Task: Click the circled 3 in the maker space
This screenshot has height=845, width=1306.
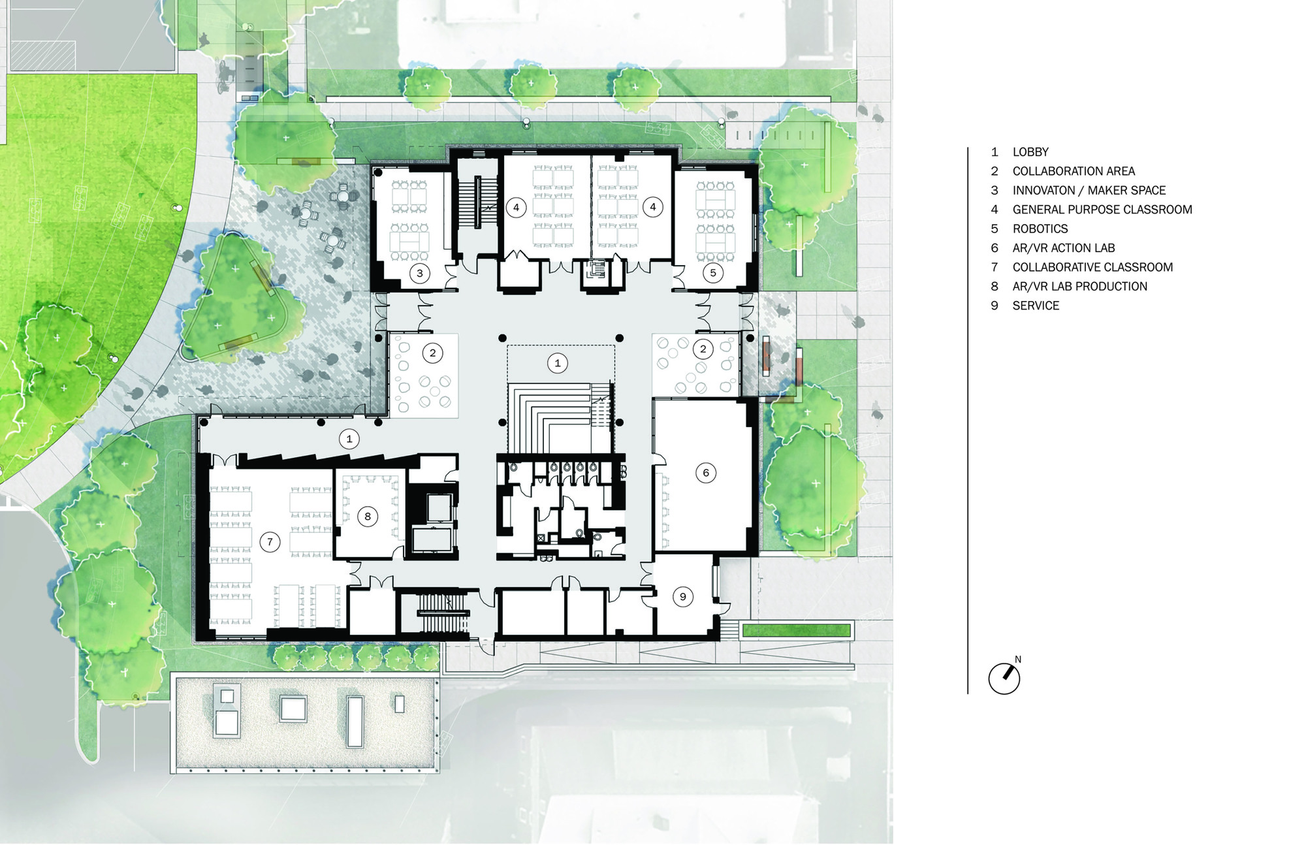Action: click(420, 273)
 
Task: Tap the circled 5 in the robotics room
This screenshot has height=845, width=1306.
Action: click(713, 273)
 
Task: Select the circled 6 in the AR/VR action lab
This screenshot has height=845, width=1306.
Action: click(706, 473)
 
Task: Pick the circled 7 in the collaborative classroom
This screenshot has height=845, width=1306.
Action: click(270, 541)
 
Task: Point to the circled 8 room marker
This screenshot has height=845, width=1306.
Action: click(368, 517)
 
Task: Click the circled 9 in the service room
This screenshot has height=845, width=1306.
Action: click(683, 596)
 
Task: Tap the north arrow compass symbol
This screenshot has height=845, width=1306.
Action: click(1004, 678)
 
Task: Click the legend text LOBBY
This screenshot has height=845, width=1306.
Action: click(1030, 152)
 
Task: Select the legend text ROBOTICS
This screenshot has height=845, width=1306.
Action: click(1040, 229)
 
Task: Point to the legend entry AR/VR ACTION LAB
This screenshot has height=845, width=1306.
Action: click(1064, 248)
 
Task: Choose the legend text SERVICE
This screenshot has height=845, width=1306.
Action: click(1036, 306)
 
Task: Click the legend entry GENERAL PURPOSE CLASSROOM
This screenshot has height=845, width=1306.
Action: click(1102, 210)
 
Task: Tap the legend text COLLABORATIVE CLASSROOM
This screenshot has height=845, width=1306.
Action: click(1092, 267)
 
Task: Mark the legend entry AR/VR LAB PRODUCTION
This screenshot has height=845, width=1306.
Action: click(1079, 287)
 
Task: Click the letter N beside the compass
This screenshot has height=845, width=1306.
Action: click(1018, 660)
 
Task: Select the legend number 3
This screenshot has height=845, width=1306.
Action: click(995, 191)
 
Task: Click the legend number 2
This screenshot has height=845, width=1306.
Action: click(995, 171)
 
